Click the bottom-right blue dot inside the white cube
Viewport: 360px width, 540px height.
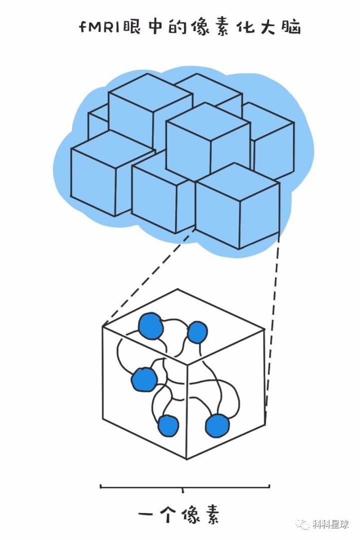(216, 425)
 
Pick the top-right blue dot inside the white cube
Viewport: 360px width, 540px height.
(197, 332)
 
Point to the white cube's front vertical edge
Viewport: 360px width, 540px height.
(187, 410)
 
